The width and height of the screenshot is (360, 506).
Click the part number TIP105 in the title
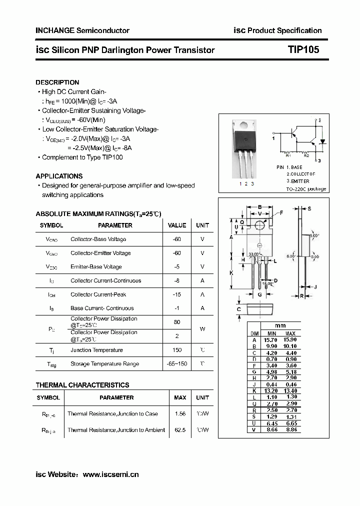tap(303, 50)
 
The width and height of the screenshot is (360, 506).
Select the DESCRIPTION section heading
tap(57, 82)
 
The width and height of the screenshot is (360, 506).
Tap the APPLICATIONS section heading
tap(59, 176)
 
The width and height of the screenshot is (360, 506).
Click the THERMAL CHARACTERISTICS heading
tap(82, 385)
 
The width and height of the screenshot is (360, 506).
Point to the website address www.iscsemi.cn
tap(110, 474)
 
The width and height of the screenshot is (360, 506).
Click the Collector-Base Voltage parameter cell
tap(98, 239)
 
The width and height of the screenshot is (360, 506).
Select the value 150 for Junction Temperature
tap(177, 350)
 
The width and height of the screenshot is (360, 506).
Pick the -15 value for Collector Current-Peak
tap(177, 294)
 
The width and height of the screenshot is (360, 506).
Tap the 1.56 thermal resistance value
tap(180, 414)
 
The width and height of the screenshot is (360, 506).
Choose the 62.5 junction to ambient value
tap(180, 430)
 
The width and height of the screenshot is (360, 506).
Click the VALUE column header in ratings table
tap(177, 225)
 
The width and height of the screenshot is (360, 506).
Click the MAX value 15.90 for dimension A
tap(290, 340)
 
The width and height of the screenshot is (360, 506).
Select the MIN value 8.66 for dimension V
tap(271, 429)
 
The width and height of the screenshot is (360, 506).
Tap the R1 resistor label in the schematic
tap(288, 156)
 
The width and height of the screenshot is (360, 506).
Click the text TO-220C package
tap(306, 189)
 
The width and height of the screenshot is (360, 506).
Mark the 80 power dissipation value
tap(177, 322)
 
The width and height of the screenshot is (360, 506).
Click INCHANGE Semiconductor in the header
tap(82, 30)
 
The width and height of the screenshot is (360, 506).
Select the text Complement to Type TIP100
tap(82, 157)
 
